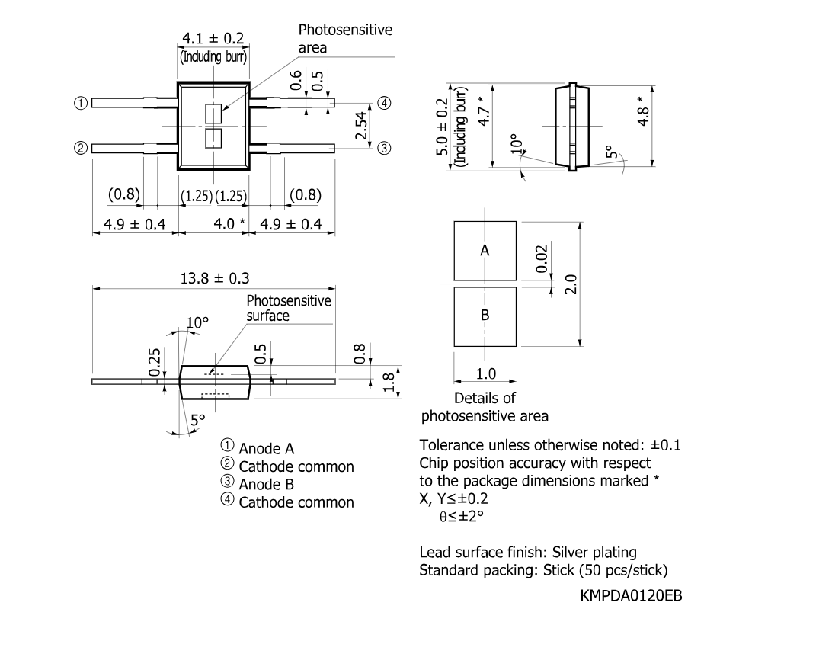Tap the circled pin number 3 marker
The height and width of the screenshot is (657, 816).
coord(384,148)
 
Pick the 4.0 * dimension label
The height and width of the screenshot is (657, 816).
coord(228,225)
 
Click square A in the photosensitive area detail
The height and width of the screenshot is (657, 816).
coord(485,251)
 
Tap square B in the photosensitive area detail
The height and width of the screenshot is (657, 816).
coord(485,315)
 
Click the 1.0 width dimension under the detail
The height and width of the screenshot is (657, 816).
coord(485,374)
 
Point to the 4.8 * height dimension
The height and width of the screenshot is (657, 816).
coord(645,111)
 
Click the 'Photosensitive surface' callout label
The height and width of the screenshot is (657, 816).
coord(288,308)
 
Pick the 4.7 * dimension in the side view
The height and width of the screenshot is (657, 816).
coord(480,111)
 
